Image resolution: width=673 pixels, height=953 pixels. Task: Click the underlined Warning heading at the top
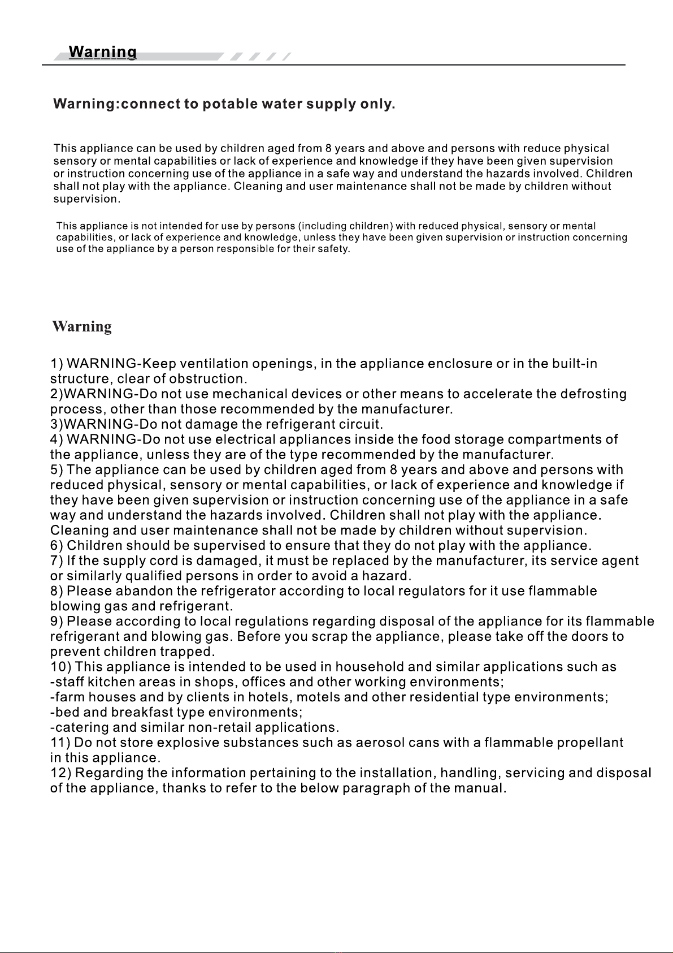tap(102, 53)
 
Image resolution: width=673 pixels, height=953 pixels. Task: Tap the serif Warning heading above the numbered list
tap(82, 327)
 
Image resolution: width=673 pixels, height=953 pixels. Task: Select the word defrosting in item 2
tap(593, 394)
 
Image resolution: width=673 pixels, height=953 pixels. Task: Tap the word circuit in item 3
tap(361, 424)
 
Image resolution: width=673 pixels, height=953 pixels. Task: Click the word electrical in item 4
tap(246, 439)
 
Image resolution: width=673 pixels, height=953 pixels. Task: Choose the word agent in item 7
tap(620, 561)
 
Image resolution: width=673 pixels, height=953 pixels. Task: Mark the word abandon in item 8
tap(144, 592)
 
